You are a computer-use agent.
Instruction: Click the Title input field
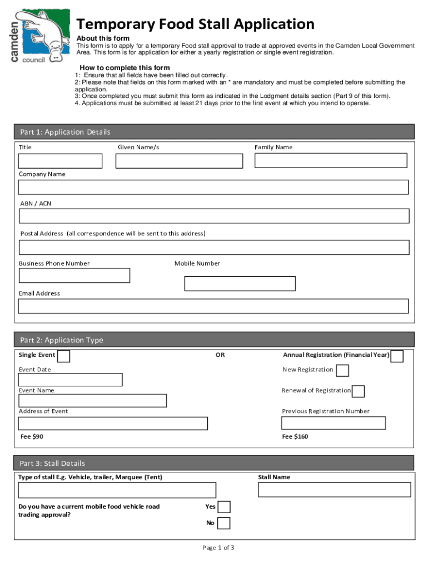click(x=60, y=161)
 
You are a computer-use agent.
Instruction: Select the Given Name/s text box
click(x=179, y=161)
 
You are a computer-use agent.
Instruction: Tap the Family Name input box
click(x=331, y=160)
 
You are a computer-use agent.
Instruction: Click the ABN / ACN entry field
click(x=214, y=216)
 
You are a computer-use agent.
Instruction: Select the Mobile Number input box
click(x=240, y=283)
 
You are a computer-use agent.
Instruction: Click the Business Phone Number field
click(x=74, y=276)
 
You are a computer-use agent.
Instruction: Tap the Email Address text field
click(x=213, y=306)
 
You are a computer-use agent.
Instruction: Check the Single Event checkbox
click(x=64, y=356)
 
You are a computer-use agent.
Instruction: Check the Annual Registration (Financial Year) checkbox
click(x=397, y=356)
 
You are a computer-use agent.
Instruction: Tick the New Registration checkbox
click(x=343, y=370)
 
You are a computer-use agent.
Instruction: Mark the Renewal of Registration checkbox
click(x=359, y=391)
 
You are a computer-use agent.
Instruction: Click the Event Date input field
click(x=70, y=380)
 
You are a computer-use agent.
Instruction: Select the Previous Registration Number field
click(x=334, y=423)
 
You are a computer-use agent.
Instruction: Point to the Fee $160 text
click(x=295, y=436)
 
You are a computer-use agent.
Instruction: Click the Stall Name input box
click(x=334, y=490)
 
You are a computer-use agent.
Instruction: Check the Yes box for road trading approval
click(x=224, y=507)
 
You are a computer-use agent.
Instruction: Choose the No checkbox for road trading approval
click(x=223, y=523)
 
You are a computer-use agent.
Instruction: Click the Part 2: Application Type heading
click(x=62, y=340)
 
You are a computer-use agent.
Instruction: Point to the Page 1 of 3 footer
click(x=218, y=548)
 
